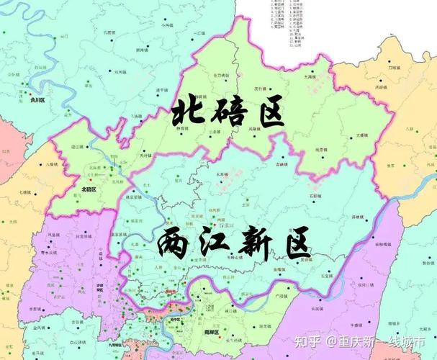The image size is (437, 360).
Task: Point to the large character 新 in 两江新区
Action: click(x=256, y=246)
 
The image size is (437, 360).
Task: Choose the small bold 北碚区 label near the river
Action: click(x=89, y=189)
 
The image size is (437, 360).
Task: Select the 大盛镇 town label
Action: click(x=364, y=135)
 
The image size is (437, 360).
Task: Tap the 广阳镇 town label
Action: click(x=281, y=295)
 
